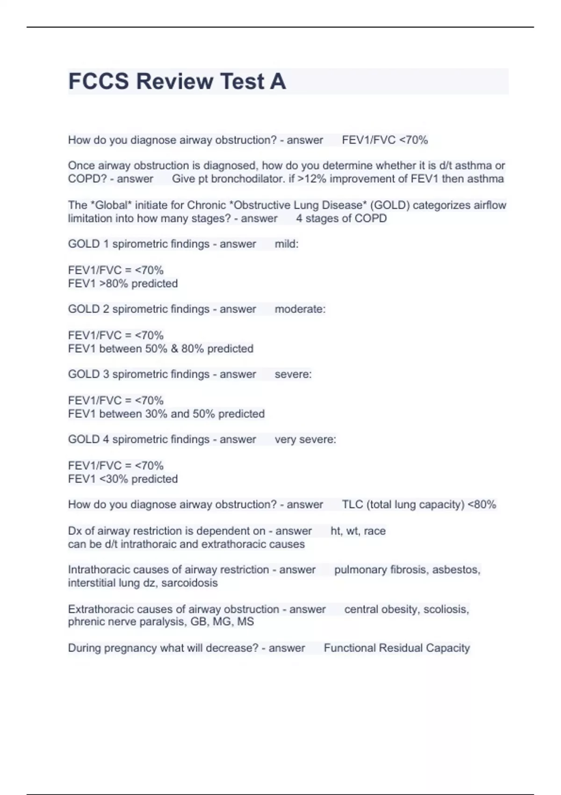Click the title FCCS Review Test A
[x=177, y=81]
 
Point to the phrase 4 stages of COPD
[x=341, y=218]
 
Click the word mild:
[x=286, y=244]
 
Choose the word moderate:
[x=300, y=309]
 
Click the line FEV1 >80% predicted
[x=123, y=283]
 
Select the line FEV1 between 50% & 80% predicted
[x=160, y=348]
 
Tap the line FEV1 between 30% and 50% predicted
[x=166, y=414]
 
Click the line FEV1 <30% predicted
[x=123, y=479]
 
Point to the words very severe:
[x=305, y=440]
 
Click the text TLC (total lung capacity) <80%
[x=418, y=505]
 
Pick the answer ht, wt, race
[x=358, y=531]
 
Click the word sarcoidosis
[x=189, y=583]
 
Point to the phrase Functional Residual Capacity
[x=396, y=648]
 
